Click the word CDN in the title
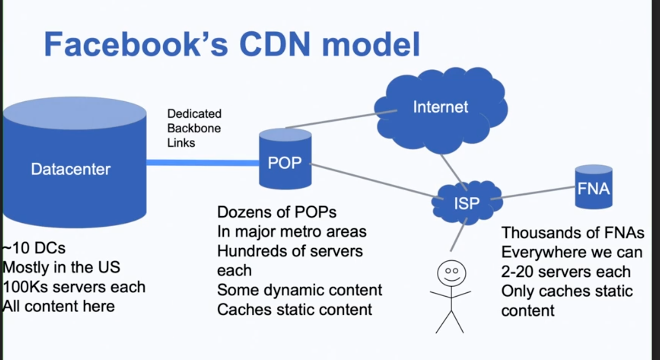(275, 44)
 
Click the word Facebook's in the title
(136, 44)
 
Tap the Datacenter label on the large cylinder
(71, 169)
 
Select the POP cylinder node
(285, 159)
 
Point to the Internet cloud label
(441, 107)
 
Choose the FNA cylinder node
(594, 187)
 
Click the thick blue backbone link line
(203, 163)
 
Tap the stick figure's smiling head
(451, 273)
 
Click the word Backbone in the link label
(194, 128)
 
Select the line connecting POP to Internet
(341, 119)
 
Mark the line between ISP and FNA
(533, 193)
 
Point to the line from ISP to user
(459, 235)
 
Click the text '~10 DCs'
(34, 248)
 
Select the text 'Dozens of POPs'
(277, 212)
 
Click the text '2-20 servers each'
(566, 272)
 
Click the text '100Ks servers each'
(74, 287)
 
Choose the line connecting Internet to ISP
(454, 172)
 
